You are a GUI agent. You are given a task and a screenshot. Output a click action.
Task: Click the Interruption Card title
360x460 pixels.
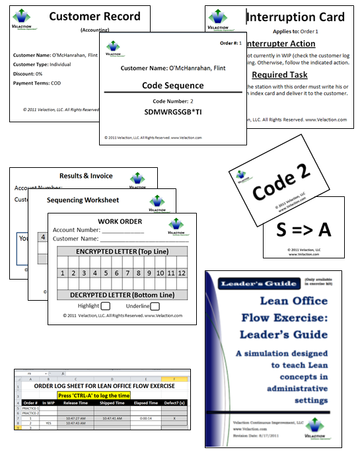(x=295, y=17)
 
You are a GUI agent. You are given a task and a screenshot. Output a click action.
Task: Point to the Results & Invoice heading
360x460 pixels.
(x=86, y=176)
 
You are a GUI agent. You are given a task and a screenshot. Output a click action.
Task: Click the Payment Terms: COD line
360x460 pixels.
(x=38, y=83)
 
